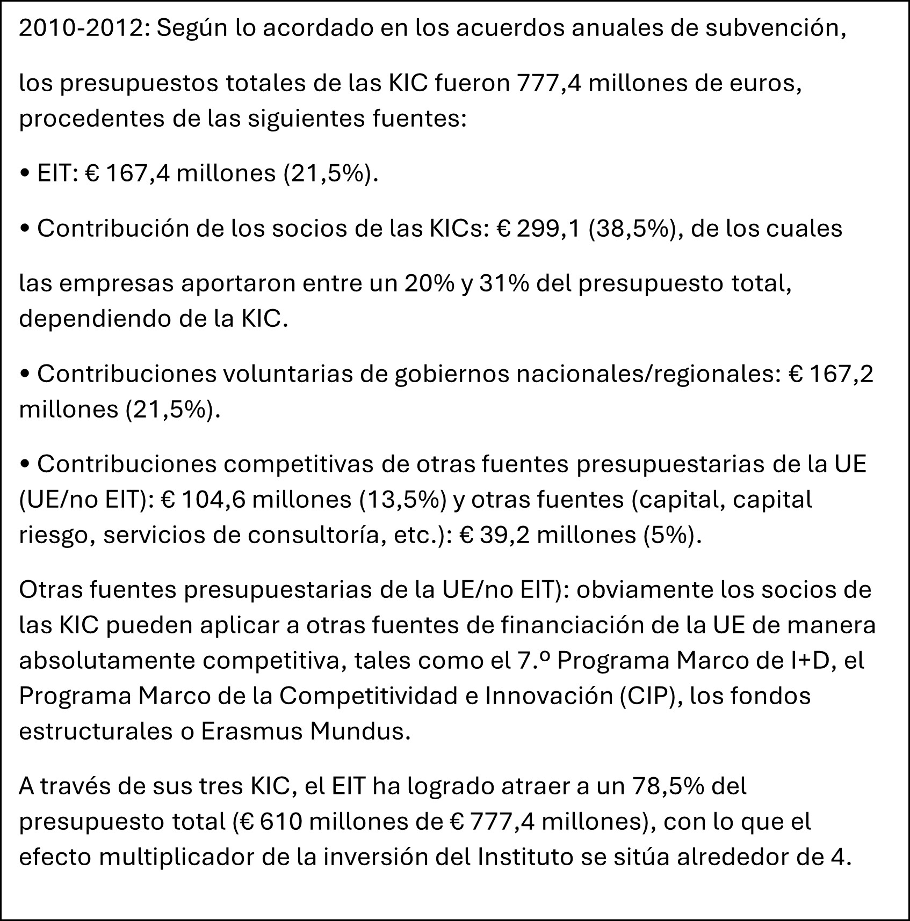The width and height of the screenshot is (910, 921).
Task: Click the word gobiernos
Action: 452,374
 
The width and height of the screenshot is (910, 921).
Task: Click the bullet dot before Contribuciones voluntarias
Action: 25,375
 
